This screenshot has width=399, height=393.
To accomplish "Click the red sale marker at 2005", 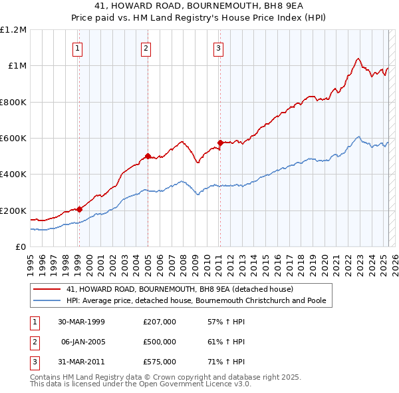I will pyautogui.click(x=148, y=157).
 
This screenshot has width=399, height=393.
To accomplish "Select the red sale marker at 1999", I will pyautogui.click(x=79, y=209).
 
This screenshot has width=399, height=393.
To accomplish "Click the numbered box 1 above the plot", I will pyautogui.click(x=78, y=47).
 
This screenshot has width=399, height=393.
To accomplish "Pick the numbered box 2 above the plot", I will pyautogui.click(x=146, y=47).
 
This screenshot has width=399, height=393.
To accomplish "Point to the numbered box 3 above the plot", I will pyautogui.click(x=218, y=47).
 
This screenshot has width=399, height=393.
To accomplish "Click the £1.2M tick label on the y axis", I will pyautogui.click(x=13, y=30).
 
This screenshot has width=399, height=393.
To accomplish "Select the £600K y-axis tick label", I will pyautogui.click(x=13, y=139).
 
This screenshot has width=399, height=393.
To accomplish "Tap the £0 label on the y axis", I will pyautogui.click(x=21, y=247).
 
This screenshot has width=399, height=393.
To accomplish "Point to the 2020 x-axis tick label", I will pyautogui.click(x=324, y=260).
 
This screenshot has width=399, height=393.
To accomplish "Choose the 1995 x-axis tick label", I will pyautogui.click(x=31, y=260).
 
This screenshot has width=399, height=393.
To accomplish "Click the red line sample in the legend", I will pyautogui.click(x=47, y=289).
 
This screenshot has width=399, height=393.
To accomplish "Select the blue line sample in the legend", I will pyautogui.click(x=47, y=300).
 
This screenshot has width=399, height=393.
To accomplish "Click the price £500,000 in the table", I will pyautogui.click(x=160, y=342).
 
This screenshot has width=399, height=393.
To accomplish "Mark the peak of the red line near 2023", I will pyautogui.click(x=358, y=58).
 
